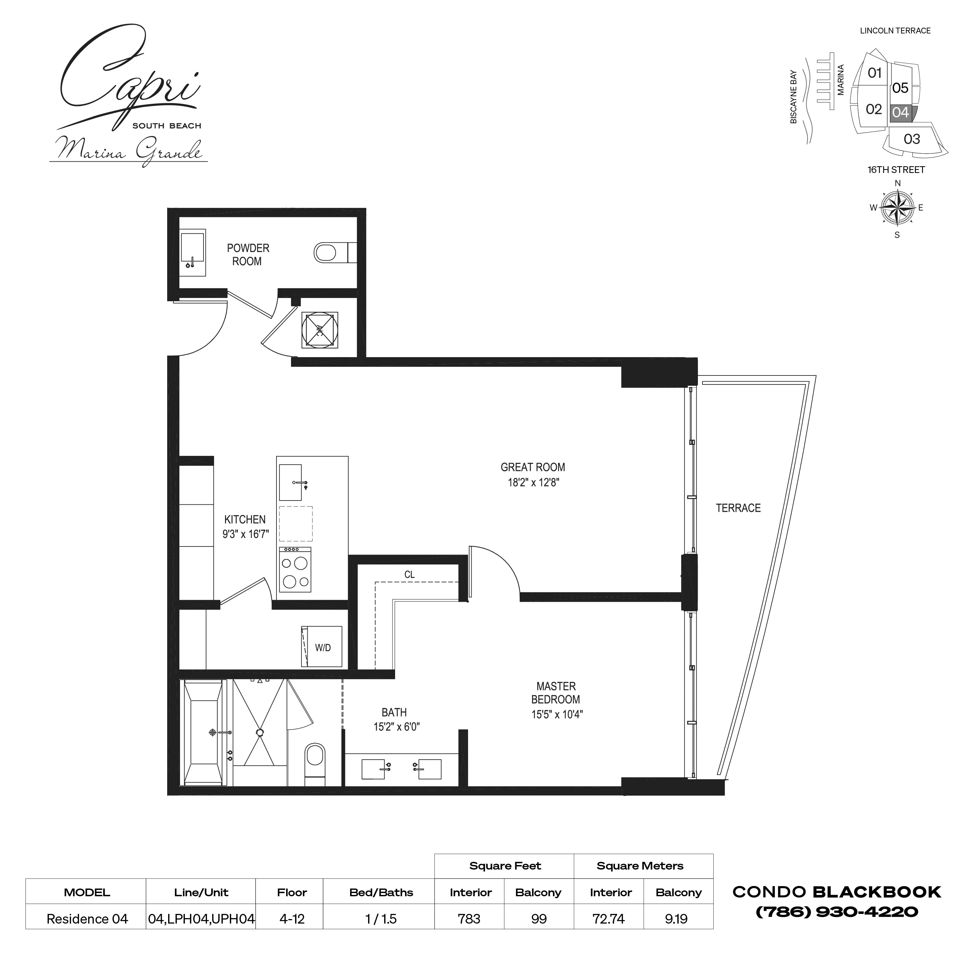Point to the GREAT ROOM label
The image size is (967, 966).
tap(533, 467)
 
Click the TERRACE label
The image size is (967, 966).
tap(738, 508)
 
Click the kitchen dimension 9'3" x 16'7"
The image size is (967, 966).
tap(245, 534)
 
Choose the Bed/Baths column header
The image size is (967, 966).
tap(381, 892)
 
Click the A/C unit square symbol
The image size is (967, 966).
tap(319, 330)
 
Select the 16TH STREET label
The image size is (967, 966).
tap(896, 170)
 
